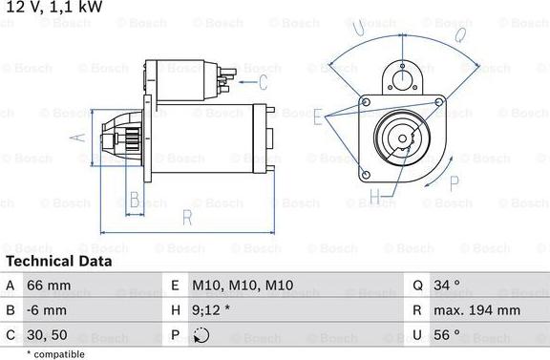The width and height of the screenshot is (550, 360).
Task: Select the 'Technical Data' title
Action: coord(58,261)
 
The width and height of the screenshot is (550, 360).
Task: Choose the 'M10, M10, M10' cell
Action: coord(243,286)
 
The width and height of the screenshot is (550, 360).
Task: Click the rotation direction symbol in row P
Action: coord(200,335)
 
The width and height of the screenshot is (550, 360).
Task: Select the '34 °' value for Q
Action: coord(448,286)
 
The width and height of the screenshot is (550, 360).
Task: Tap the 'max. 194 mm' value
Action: coord(478,310)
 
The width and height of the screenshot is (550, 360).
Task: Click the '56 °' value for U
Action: coord(448,335)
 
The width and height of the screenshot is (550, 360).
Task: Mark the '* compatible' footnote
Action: coord(58,353)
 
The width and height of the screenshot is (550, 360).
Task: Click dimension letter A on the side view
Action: coord(80,137)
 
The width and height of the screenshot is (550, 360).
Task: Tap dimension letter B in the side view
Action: coord(135,200)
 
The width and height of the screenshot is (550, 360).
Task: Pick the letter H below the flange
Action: coord(375,199)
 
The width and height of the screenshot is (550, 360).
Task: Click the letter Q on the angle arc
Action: coord(459,36)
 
